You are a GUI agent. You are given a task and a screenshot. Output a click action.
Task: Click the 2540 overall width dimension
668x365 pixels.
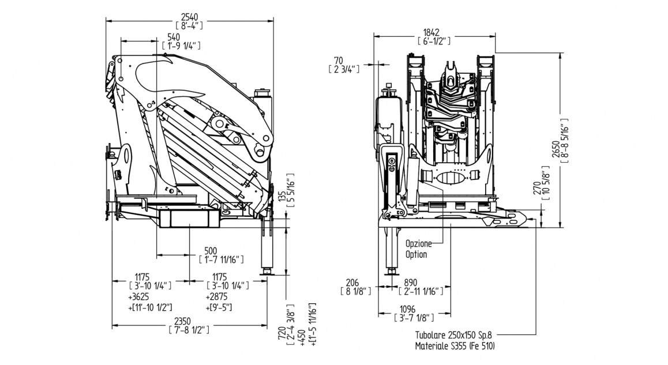coord(189,16)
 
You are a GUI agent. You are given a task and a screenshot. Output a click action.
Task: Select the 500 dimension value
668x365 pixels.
coord(211,251)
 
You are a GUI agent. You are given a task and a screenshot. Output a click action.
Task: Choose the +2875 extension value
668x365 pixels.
coord(217,296)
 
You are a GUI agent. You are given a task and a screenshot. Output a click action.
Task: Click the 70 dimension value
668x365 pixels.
coord(339,60)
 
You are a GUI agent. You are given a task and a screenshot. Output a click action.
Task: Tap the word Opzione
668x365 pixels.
coord(419,244)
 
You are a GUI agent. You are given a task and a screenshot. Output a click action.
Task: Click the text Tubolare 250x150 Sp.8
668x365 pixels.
coord(455,335)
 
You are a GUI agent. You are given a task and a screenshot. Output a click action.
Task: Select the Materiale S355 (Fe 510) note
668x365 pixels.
coord(455,346)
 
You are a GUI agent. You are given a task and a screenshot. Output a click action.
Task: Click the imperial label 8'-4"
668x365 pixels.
coord(189,25)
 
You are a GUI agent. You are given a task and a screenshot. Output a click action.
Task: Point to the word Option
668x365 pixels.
coord(416,254)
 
